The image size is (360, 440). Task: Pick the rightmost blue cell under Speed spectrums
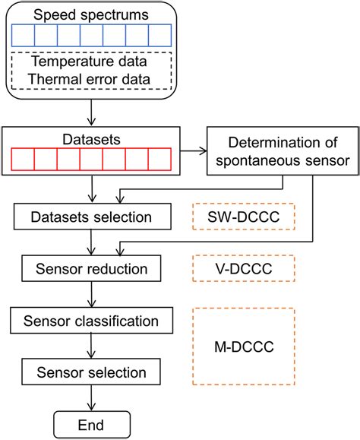click(159, 36)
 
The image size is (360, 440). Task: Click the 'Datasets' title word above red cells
click(92, 141)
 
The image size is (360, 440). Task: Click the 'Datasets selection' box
click(92, 218)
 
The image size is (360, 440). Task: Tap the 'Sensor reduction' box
click(92, 268)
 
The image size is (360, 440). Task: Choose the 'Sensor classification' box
click(92, 320)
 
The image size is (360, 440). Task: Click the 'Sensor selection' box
click(92, 372)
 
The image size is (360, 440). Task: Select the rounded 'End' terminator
click(92, 423)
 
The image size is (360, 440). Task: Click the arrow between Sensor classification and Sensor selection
click(92, 346)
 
